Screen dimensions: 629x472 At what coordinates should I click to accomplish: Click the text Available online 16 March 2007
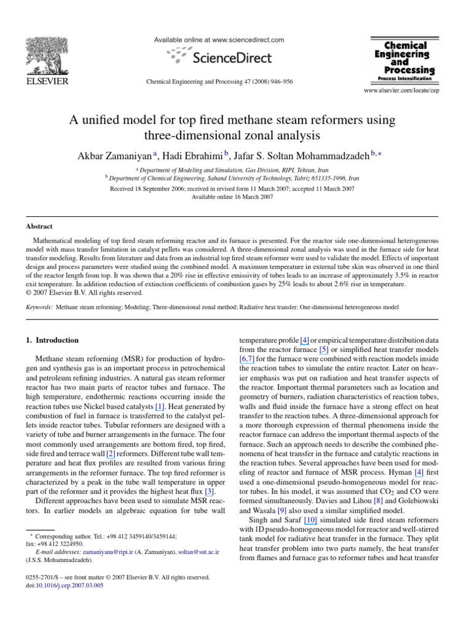[x=232, y=197]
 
